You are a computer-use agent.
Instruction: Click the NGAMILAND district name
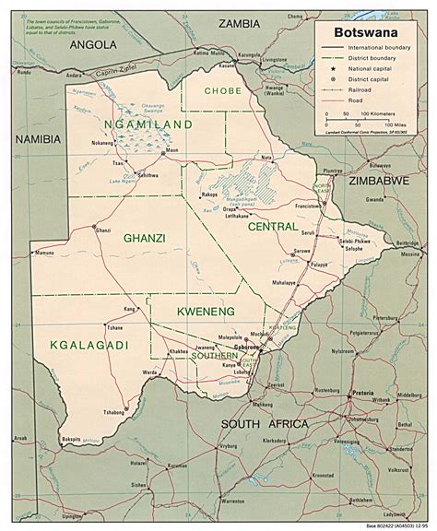coord(148,124)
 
